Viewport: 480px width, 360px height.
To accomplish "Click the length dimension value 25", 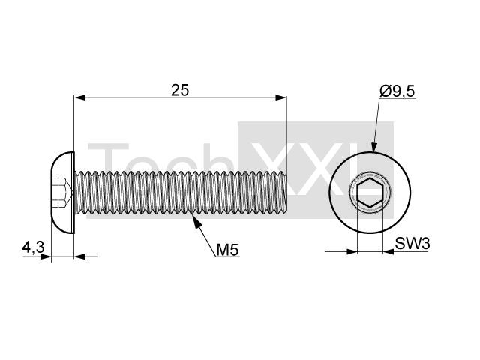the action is point(180,90).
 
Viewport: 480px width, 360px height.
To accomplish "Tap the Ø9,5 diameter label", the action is point(397,91).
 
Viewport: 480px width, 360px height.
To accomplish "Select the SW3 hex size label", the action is point(412,244).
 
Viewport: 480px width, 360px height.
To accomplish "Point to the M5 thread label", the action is point(227,250).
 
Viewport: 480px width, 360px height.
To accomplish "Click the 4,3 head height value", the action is point(33,247).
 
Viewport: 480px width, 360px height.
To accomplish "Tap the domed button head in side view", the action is point(62,193).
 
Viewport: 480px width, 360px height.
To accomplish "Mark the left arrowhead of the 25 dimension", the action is point(79,97).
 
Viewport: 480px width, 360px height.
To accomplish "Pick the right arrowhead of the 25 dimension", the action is point(280,97).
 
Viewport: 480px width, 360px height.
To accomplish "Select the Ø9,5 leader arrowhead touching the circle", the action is point(373,147).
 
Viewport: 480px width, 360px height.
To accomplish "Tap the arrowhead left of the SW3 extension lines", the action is point(352,252).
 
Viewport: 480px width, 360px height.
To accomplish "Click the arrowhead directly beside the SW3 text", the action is point(388,252).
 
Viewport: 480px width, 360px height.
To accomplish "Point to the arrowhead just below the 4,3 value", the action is point(45,256).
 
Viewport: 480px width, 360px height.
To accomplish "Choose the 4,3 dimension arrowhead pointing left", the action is point(79,256).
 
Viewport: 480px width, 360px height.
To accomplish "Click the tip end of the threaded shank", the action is point(286,193).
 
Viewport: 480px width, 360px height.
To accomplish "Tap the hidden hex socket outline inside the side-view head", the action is point(64,193).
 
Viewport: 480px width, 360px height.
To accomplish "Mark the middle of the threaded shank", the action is point(181,193).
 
